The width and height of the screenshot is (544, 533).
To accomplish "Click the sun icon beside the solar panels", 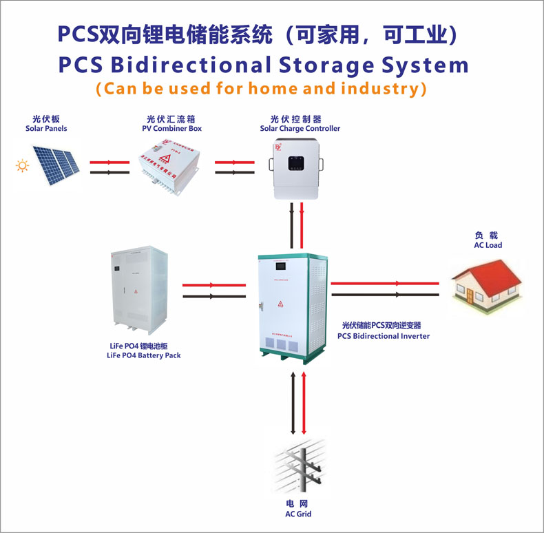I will pos(23,165).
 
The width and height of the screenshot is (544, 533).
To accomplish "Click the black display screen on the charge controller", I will pos(297,163).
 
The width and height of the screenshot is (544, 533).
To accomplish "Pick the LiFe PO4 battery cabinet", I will pos(138,289).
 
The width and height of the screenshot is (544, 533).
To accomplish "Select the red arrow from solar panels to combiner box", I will pos(109,162).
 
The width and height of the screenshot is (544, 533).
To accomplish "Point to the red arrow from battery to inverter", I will pos(214,284).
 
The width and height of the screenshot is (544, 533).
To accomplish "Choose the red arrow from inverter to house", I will pos(385,283).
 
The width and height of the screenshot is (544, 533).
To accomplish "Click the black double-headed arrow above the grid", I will pos(293,404).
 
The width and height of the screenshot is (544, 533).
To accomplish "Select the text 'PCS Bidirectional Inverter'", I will pos(384,336).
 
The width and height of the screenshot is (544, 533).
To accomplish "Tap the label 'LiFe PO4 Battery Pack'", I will pos(144,356).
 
